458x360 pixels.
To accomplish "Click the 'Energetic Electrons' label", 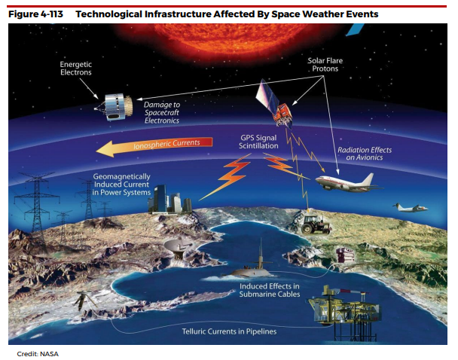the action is tap(75, 69).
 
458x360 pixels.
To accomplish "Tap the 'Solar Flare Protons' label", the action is tap(325, 65).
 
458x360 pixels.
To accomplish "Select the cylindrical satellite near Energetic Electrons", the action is tap(114, 107).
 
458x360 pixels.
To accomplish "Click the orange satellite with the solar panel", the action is tap(274, 105).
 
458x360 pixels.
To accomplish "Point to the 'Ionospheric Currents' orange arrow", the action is tap(154, 145).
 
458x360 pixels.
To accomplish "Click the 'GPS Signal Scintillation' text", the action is tap(258, 142).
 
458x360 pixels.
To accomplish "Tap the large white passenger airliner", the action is tap(347, 182).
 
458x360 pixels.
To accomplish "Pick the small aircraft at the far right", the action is tap(411, 208).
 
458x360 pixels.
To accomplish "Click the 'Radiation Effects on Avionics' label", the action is tap(365, 154).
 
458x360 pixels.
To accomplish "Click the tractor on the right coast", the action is tap(314, 224).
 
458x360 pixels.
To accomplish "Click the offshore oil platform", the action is tap(345, 310).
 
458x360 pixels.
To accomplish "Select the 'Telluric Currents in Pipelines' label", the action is tap(229, 331).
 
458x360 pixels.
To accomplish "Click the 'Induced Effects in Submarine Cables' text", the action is tap(270, 290).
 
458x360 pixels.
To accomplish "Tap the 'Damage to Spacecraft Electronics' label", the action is tap(162, 112).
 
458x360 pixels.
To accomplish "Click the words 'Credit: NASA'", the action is tap(38, 354).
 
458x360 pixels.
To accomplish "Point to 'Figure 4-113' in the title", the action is tap(35, 14).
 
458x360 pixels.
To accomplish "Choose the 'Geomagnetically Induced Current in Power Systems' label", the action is tap(121, 185).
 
